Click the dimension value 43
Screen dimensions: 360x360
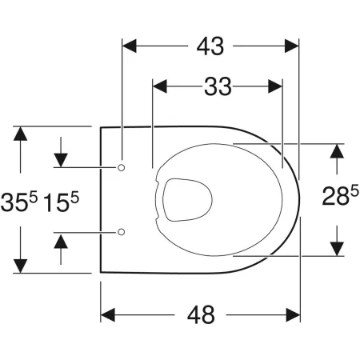pos(209,47)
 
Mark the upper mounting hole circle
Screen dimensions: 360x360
pos(122,166)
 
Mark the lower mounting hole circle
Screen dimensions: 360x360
pos(122,231)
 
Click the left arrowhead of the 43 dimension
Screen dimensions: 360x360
pos(130,47)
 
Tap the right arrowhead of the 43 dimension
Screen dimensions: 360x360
pos(291,47)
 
